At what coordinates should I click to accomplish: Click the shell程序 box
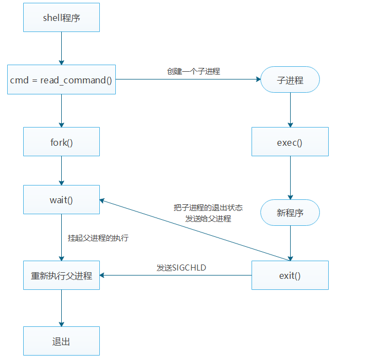61,17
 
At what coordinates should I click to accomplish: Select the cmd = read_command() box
61,80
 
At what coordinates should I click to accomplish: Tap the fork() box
61,142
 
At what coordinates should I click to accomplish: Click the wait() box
61,199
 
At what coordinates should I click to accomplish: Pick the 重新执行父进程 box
61,275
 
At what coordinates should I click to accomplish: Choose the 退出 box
61,341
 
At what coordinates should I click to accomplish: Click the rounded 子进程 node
290,80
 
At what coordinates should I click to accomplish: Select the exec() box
290,142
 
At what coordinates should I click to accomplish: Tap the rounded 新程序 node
290,212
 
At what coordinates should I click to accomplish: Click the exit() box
290,275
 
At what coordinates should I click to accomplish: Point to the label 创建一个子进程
189,71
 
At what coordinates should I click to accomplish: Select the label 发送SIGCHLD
181,267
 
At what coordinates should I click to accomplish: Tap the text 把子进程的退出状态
208,208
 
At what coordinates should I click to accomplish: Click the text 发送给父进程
208,218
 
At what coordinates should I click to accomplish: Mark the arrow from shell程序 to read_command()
61,48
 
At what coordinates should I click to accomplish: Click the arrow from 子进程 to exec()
290,110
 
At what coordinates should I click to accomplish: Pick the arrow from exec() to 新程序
290,177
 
